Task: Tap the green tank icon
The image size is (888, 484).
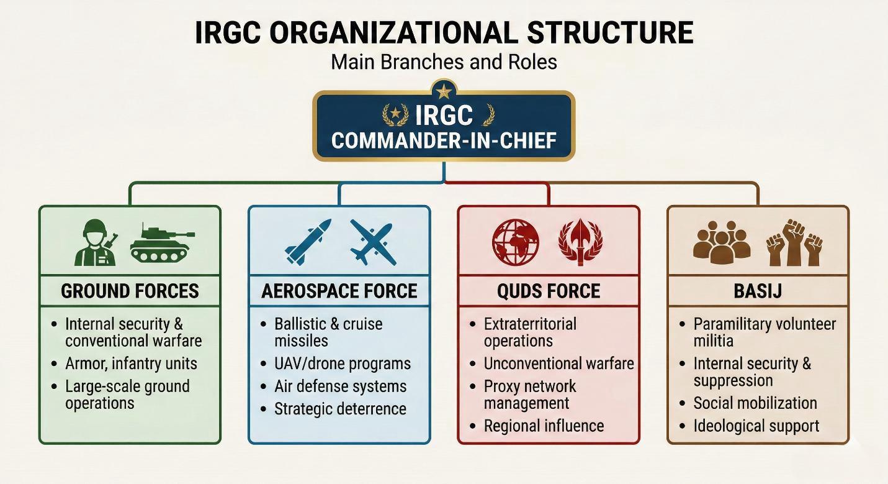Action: tap(162, 243)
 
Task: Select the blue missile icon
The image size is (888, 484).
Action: tap(307, 242)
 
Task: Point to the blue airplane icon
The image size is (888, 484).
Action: tap(373, 242)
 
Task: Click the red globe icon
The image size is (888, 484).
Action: tap(516, 242)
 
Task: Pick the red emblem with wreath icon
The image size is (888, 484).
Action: tap(580, 242)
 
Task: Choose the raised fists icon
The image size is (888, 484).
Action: tap(794, 242)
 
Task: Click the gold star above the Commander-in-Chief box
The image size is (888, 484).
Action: tap(443, 92)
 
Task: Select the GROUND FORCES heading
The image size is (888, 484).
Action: tap(130, 291)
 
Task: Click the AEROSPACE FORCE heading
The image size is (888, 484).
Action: tap(339, 291)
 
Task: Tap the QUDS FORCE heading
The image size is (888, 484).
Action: tap(549, 291)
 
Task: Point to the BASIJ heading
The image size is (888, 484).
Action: tap(757, 291)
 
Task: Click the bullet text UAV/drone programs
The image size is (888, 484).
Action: tap(343, 363)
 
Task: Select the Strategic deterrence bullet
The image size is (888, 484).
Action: tap(340, 409)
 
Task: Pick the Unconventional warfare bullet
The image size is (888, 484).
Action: tap(558, 363)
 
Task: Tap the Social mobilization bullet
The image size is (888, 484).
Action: tap(755, 403)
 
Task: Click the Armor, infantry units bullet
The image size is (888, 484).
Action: tap(131, 363)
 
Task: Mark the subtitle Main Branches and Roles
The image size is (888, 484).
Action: tap(444, 62)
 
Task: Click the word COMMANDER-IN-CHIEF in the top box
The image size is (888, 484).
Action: tap(444, 140)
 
